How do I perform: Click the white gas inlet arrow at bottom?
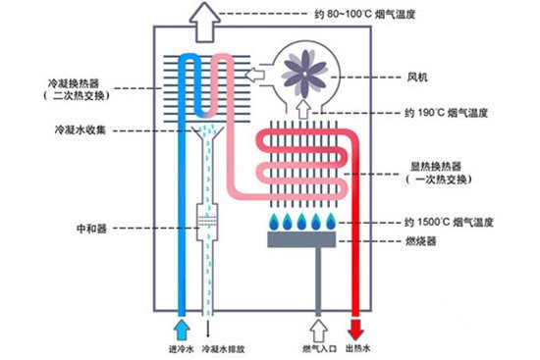click(x=316, y=325)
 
